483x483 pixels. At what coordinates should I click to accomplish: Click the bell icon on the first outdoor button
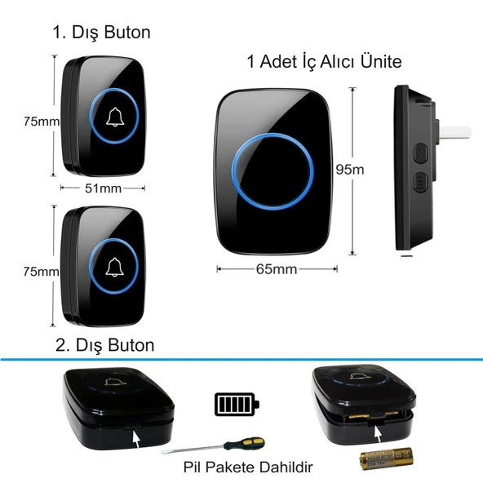coord(115,117)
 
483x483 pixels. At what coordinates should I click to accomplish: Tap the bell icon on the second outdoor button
coord(114,267)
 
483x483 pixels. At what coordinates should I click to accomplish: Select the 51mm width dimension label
coord(103,188)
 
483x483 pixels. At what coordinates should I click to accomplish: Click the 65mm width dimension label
coord(277,269)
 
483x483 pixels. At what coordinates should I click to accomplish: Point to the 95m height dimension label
coord(350,170)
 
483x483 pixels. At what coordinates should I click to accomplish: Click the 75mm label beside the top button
coord(42,122)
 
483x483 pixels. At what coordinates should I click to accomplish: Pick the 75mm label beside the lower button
coord(42,272)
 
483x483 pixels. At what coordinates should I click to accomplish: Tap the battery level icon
coord(237,404)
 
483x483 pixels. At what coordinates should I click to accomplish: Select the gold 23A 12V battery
coord(386,459)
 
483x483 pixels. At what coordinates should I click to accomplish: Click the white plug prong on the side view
coord(455,132)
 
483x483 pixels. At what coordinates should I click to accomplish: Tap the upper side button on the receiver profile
coord(421,153)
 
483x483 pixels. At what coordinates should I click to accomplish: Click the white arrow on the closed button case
coord(135,439)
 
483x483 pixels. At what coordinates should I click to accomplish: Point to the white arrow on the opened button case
coord(378,434)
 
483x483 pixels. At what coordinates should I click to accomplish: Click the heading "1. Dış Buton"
coord(102,33)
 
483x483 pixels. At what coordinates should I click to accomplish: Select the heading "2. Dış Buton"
coord(104,345)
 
